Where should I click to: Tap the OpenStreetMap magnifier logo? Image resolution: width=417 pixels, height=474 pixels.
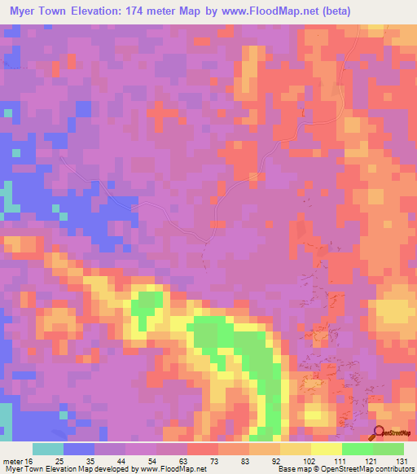pos(380,432)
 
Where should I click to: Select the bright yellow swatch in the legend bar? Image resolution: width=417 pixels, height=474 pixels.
pos(327,449)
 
